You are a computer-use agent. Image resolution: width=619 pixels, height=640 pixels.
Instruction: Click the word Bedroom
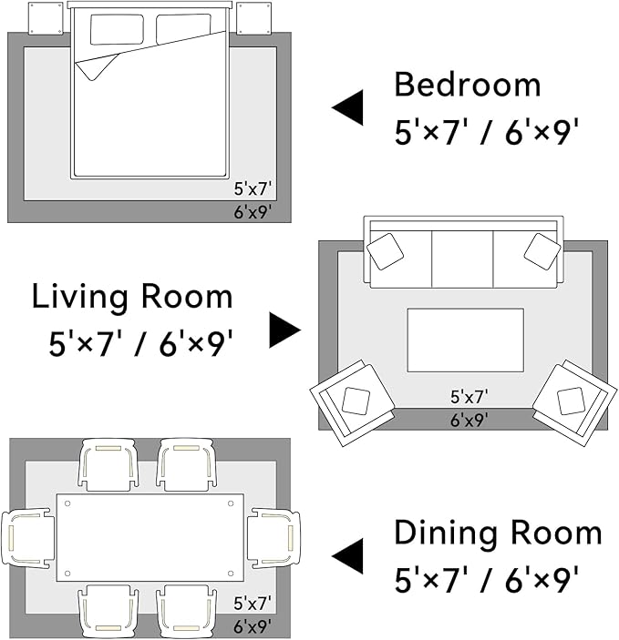coord(468,85)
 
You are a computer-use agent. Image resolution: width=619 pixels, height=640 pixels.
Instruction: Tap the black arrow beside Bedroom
coord(347,107)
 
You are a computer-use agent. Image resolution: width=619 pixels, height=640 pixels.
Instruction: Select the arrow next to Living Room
coord(285,330)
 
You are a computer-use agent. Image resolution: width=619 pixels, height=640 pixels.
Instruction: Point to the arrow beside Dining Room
coord(347,556)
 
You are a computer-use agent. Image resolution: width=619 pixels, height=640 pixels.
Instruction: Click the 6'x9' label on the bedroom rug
coord(253,212)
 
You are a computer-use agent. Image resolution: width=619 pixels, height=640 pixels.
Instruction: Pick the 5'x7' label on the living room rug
coord(469,396)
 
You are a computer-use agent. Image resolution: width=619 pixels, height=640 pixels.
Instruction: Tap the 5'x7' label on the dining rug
coord(253,604)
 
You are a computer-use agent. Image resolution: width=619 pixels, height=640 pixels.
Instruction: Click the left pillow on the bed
coord(117,29)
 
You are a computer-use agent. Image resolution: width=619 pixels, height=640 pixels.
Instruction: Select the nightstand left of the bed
coord(46,18)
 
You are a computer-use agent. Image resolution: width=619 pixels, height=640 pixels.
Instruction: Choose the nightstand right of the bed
coord(254,18)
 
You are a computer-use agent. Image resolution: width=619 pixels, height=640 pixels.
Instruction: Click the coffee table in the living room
coord(465,340)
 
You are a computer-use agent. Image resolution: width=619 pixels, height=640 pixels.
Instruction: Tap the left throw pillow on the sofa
coord(385,251)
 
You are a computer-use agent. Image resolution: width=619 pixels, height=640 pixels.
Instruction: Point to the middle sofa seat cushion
coord(462,259)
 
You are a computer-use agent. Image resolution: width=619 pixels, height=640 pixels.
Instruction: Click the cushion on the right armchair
coord(571,401)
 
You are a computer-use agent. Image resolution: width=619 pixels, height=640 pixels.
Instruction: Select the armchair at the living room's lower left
coord(352,403)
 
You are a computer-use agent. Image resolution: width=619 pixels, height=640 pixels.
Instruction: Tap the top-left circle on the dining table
coord(67,503)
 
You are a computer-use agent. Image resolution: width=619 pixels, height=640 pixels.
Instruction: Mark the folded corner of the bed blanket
coord(97,66)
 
